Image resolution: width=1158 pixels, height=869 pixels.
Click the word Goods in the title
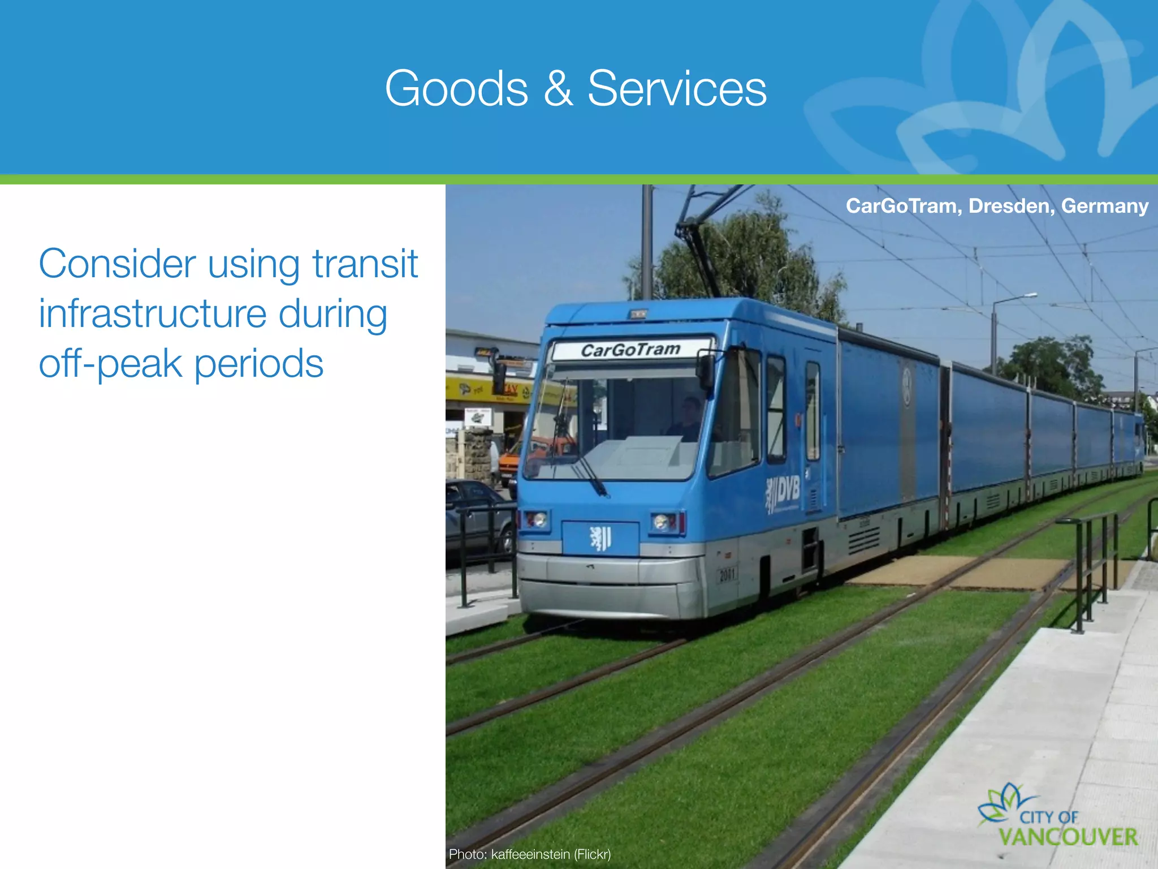click(456, 89)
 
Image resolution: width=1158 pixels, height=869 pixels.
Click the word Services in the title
click(677, 89)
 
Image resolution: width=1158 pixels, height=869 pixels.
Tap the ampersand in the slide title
click(558, 89)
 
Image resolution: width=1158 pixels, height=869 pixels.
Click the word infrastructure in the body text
click(153, 313)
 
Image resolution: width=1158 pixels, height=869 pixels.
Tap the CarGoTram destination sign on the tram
click(631, 350)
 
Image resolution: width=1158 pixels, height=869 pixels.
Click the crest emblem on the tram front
click(600, 538)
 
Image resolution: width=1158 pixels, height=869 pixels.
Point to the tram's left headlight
click(536, 518)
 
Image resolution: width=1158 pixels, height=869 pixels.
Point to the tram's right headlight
click(662, 521)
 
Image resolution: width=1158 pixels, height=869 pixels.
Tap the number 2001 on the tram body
click(727, 575)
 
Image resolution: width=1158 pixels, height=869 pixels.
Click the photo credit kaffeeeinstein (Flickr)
click(530, 854)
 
